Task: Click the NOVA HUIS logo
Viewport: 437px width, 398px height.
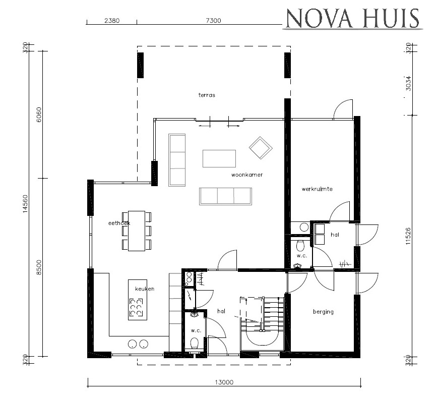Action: (352, 18)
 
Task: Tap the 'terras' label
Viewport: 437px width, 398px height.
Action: (207, 95)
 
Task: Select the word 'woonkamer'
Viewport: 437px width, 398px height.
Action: (247, 175)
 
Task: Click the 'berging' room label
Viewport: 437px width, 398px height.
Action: (323, 312)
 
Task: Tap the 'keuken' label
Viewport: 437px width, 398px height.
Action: (144, 289)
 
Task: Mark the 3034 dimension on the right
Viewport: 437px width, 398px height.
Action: (409, 83)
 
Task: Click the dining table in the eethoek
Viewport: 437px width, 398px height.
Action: (137, 231)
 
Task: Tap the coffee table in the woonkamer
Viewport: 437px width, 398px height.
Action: (219, 158)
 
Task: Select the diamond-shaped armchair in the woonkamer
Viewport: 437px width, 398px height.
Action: (261, 147)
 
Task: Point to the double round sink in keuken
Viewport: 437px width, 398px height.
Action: (138, 344)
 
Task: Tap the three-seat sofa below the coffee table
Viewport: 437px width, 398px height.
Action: (225, 196)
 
